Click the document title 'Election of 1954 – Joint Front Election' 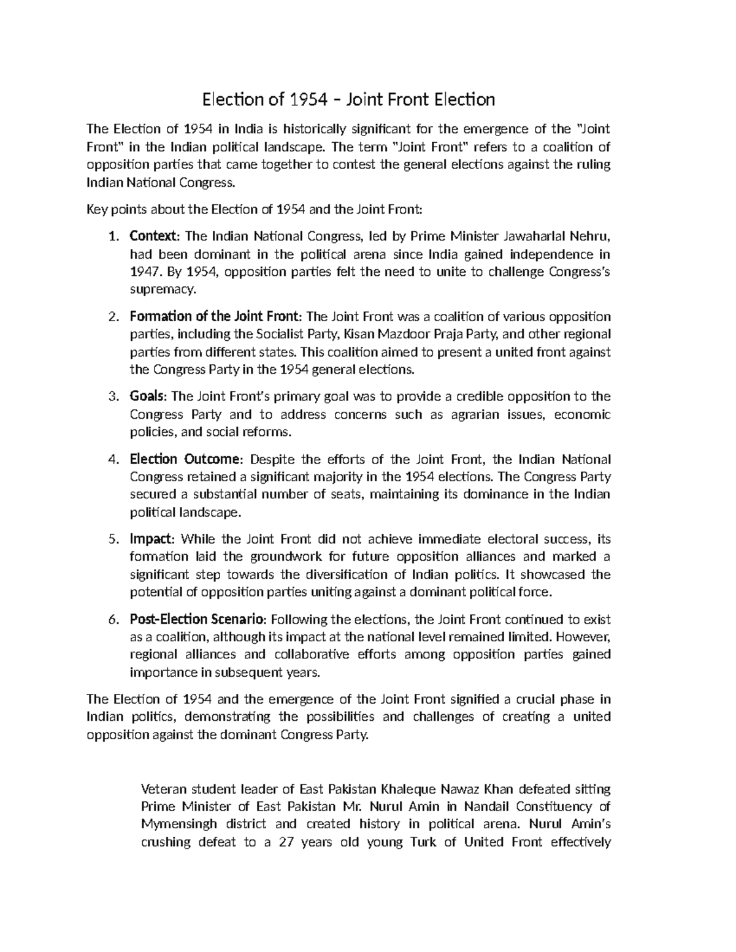point(348,99)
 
